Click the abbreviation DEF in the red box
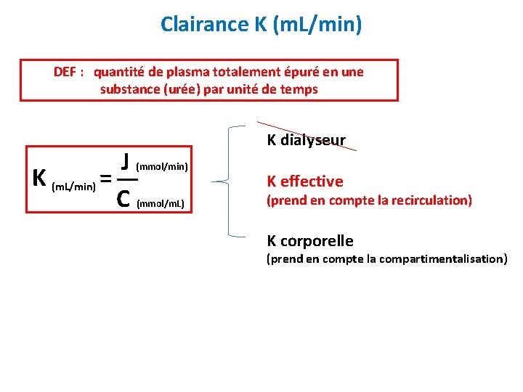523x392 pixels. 67,72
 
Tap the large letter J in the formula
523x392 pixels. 126,160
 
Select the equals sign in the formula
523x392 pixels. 105,179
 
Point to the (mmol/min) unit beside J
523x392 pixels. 163,167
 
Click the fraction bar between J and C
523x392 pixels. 126,179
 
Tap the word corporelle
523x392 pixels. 319,241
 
